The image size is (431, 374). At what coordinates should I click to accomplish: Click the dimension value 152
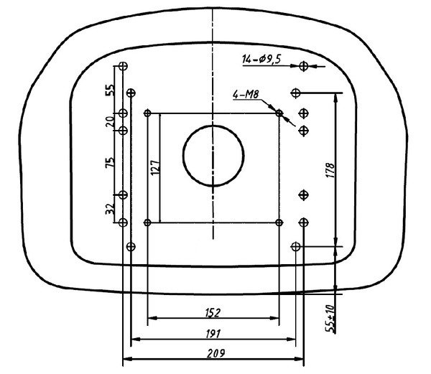[x=211, y=312]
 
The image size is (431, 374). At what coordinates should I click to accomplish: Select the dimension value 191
[x=211, y=333]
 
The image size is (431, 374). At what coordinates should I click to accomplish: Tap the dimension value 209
[x=214, y=353]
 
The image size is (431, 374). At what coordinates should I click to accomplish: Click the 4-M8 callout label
[x=245, y=94]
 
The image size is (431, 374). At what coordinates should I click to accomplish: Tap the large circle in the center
[x=214, y=155]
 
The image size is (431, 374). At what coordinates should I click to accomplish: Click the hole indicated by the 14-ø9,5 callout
[x=304, y=66]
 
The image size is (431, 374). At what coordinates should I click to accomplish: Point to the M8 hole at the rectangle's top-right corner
[x=279, y=113]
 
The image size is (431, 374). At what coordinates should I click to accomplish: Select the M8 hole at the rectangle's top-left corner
[x=147, y=113]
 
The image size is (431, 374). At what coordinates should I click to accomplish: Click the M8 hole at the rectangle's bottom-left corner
[x=147, y=222]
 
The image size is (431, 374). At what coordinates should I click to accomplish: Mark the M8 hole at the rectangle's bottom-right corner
[x=279, y=222]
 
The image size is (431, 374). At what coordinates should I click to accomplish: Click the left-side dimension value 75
[x=110, y=163]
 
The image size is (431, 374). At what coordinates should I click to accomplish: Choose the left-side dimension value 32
[x=110, y=209]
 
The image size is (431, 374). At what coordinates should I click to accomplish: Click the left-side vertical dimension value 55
[x=110, y=90]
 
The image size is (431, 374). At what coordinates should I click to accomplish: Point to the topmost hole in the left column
[x=123, y=66]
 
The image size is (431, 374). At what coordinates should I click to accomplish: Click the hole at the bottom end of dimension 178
[x=295, y=247]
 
